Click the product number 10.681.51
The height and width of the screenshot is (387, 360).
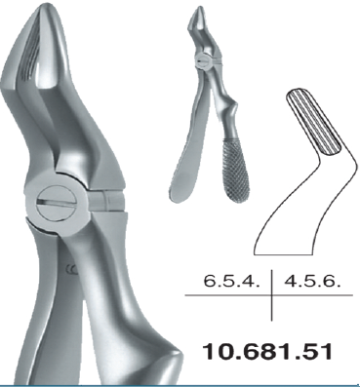click(267, 352)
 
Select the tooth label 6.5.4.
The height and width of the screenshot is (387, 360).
click(232, 281)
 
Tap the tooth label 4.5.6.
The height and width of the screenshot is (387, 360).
click(312, 281)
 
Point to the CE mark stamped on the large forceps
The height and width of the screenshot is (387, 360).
click(71, 269)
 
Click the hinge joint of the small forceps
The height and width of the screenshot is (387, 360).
click(203, 59)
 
